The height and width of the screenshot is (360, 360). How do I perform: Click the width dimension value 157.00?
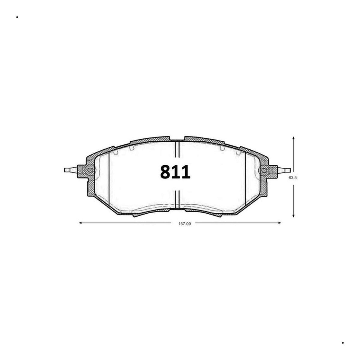(x=184, y=223)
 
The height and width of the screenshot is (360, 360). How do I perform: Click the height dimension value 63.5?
(x=292, y=178)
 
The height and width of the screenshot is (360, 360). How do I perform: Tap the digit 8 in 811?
(x=166, y=172)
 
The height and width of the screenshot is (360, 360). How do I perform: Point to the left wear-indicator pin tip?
(x=65, y=170)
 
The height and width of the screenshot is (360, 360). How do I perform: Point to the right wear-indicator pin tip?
(x=290, y=170)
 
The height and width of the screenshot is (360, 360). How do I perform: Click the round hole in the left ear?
(x=90, y=170)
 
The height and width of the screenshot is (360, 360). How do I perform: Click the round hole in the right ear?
(x=264, y=170)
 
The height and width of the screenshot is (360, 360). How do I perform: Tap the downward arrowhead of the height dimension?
(x=293, y=216)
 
